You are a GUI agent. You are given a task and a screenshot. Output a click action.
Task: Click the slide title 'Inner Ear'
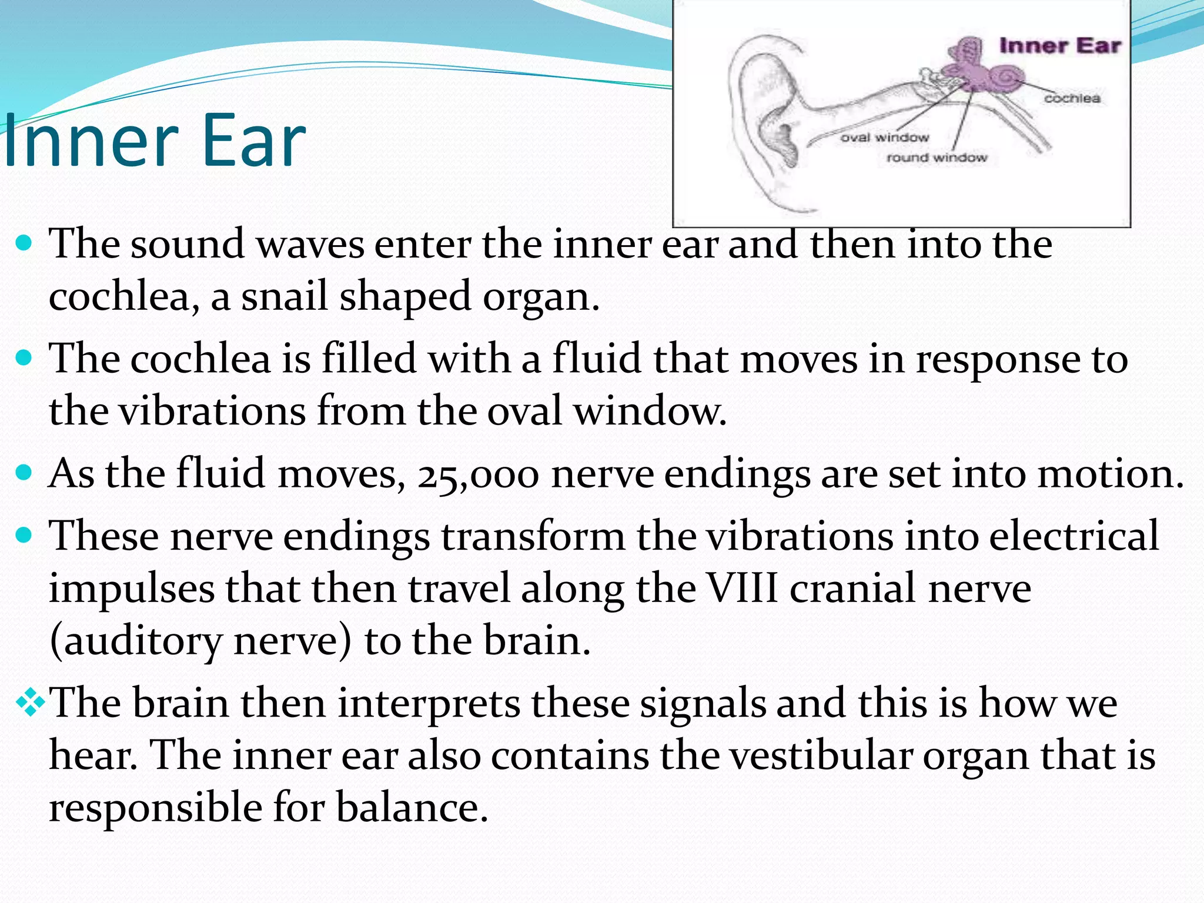[154, 141]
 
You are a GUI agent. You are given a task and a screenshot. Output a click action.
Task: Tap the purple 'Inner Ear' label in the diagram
[1059, 46]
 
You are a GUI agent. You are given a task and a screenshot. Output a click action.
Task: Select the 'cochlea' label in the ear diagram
[1072, 98]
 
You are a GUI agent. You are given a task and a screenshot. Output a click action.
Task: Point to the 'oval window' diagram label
[884, 138]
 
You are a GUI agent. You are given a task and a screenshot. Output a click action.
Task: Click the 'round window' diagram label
[937, 158]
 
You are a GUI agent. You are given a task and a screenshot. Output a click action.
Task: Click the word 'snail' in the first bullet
[284, 296]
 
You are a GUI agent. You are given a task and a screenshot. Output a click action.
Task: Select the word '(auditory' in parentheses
[136, 641]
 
